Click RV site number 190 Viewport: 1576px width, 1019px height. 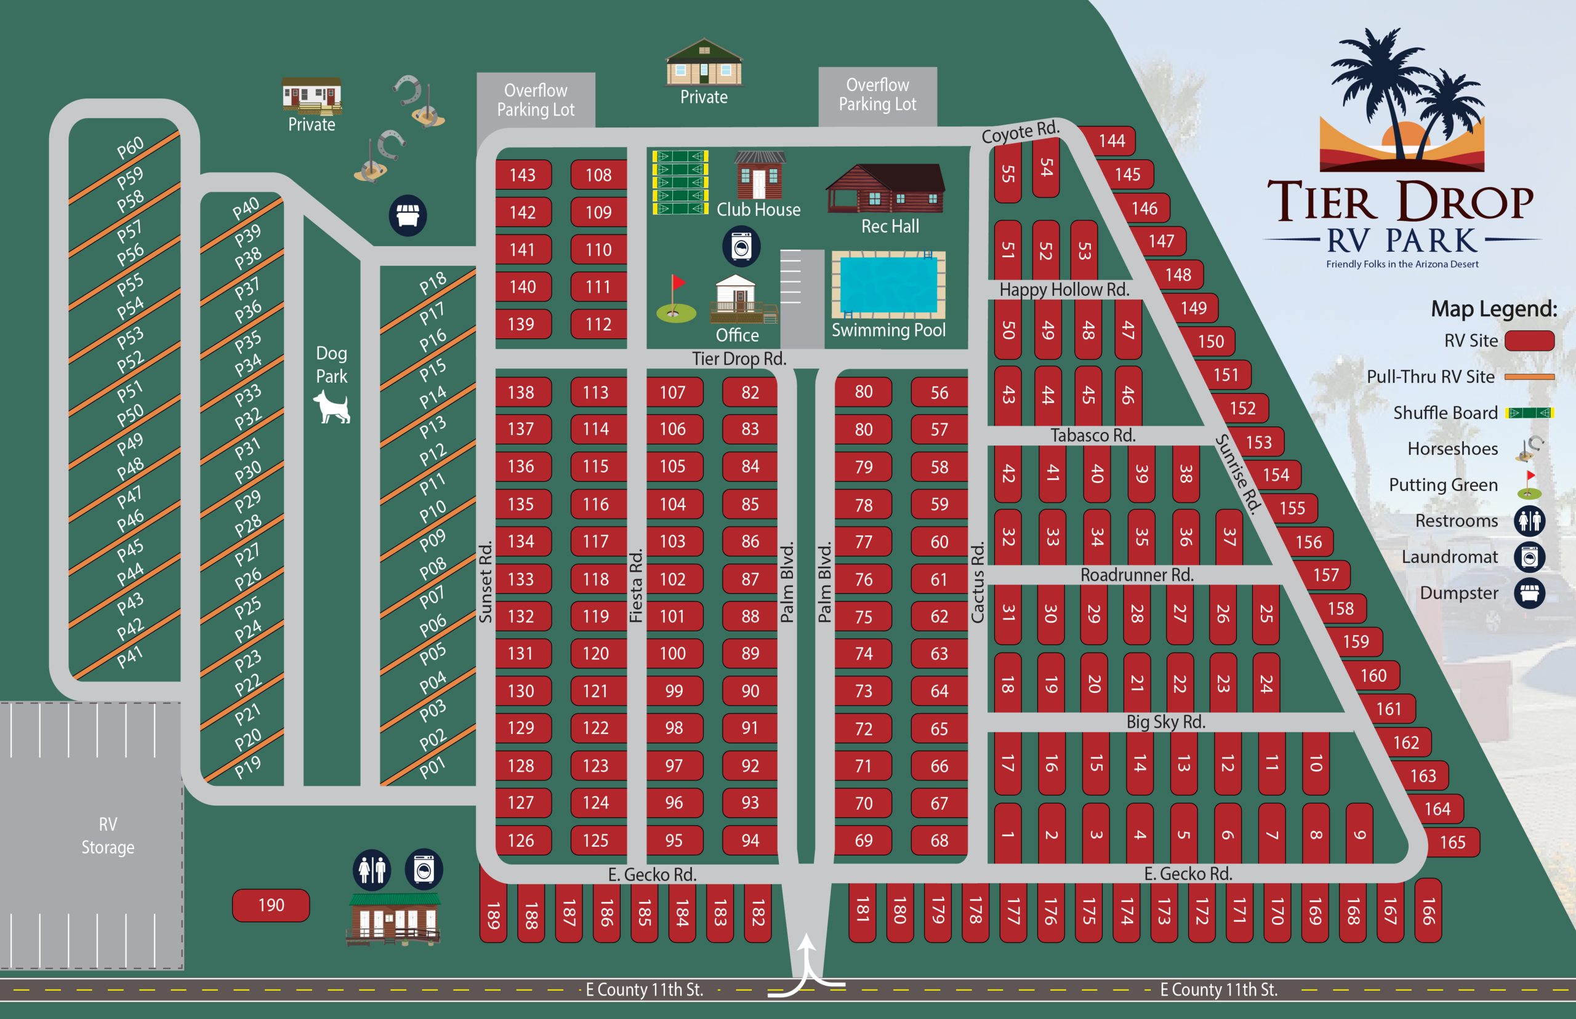[271, 905]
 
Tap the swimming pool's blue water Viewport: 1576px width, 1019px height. [888, 284]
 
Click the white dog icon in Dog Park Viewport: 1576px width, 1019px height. [332, 406]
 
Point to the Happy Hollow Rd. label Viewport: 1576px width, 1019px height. [1064, 289]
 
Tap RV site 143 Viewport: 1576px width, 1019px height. [523, 175]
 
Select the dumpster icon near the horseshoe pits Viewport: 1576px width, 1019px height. [407, 215]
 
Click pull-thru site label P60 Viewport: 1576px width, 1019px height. [131, 148]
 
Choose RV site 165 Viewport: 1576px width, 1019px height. [1452, 842]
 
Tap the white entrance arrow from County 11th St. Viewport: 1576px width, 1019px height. [807, 966]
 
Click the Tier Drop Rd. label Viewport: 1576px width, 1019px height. [739, 359]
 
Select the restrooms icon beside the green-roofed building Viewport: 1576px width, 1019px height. [372, 869]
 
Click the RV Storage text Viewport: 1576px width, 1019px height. [108, 835]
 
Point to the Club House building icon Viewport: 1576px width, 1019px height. [759, 175]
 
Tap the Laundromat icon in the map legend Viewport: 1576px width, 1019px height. [1529, 557]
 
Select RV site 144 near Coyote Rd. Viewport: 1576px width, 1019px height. [1111, 140]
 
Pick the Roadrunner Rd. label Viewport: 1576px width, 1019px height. [1136, 574]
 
